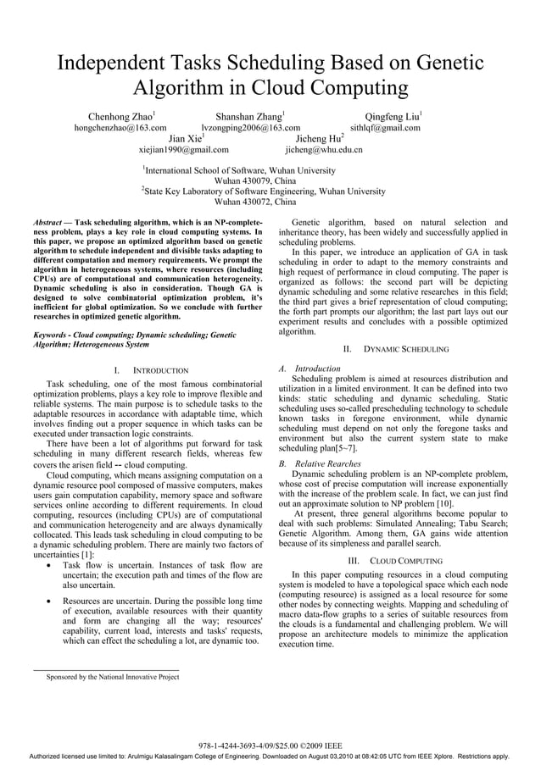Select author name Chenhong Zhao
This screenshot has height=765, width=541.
[x=120, y=116]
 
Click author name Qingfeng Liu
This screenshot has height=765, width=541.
[x=392, y=116]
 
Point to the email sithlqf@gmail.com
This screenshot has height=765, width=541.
[x=385, y=128]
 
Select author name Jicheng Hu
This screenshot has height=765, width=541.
[x=318, y=138]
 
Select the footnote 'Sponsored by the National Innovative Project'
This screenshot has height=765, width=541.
[x=112, y=677]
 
